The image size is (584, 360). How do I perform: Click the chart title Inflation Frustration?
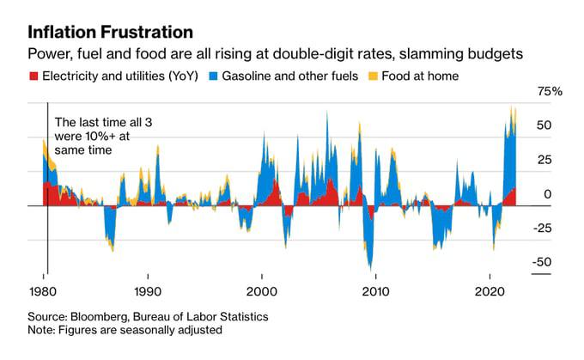coord(110,33)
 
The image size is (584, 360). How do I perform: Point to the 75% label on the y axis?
coord(549,91)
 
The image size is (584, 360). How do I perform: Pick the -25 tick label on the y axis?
coord(548,229)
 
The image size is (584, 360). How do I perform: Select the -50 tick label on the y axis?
coord(548,263)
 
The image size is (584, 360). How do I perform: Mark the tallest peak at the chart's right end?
coord(512,107)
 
